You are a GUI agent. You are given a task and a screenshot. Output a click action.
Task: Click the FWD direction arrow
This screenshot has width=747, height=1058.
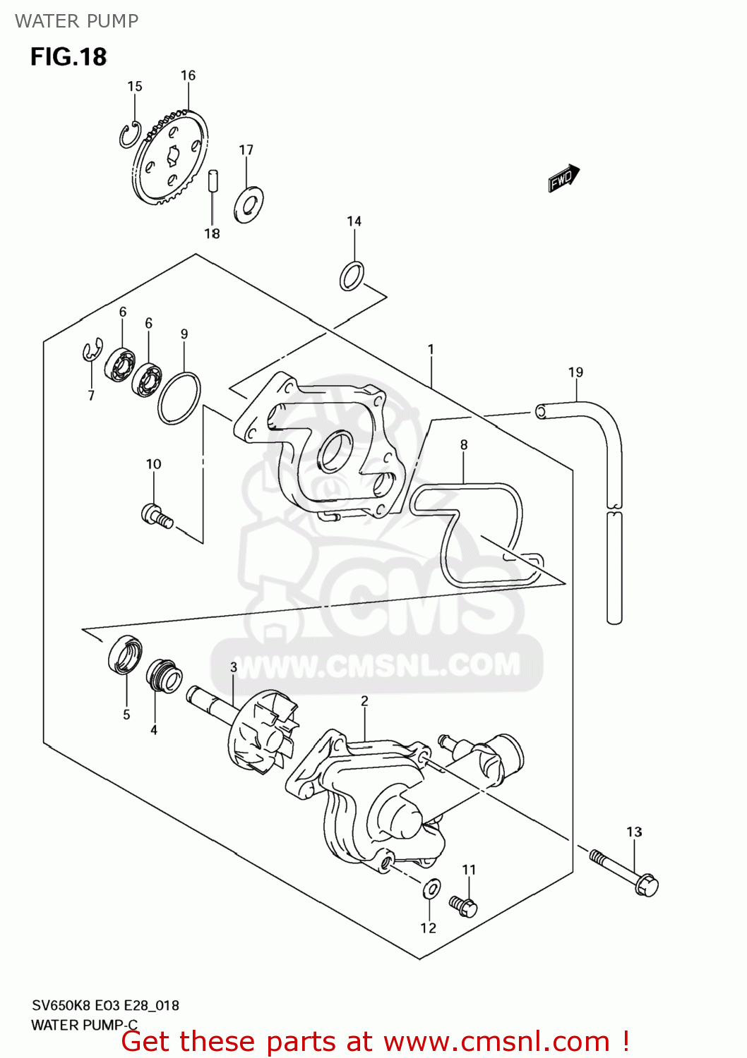pyautogui.click(x=563, y=178)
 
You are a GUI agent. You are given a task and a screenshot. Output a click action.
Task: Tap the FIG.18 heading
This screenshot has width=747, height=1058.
pyautogui.click(x=68, y=56)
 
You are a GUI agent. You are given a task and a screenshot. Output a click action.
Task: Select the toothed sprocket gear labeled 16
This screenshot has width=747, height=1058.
pyautogui.click(x=172, y=157)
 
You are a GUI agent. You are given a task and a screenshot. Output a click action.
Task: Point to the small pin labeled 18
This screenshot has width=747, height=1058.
pyautogui.click(x=213, y=180)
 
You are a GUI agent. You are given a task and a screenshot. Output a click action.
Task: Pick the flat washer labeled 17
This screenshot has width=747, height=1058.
pyautogui.click(x=249, y=205)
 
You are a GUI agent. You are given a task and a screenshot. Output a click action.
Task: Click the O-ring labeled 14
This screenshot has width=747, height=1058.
pyautogui.click(x=352, y=276)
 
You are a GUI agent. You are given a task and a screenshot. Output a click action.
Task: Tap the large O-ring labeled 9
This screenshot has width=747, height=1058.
pyautogui.click(x=179, y=399)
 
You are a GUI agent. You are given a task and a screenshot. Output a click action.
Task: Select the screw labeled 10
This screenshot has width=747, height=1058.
pyautogui.click(x=157, y=516)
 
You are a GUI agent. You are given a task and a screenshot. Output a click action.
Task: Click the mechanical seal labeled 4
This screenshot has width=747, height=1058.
pyautogui.click(x=164, y=676)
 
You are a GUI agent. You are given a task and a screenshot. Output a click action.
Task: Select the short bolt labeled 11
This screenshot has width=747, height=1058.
pyautogui.click(x=463, y=905)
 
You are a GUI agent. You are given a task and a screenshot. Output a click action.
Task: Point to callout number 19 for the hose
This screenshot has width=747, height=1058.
pyautogui.click(x=575, y=372)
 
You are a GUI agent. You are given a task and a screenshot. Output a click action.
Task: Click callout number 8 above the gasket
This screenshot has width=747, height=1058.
pyautogui.click(x=464, y=444)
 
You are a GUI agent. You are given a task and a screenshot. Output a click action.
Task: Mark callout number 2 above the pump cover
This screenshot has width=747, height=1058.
pyautogui.click(x=364, y=700)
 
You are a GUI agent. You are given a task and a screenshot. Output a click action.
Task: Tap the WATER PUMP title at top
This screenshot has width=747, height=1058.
pyautogui.click(x=76, y=21)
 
